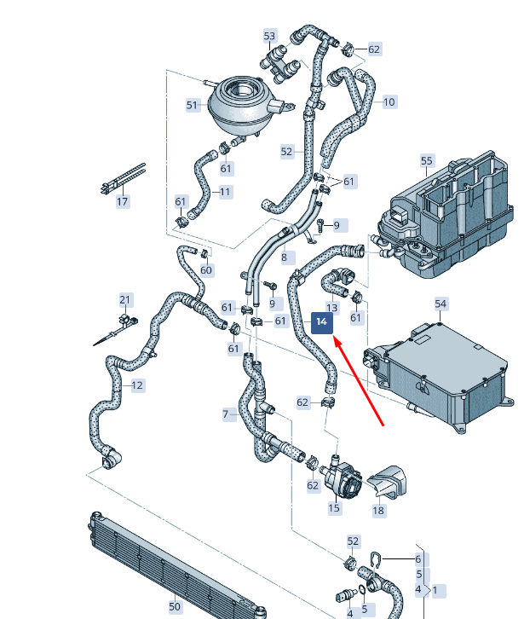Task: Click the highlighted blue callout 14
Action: pos(322,322)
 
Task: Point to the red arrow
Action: pos(359,380)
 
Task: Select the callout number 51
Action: pos(193,106)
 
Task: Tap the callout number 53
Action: pos(269,36)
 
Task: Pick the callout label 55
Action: pos(427,160)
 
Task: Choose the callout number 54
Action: pos(441,304)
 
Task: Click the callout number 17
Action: pos(123,202)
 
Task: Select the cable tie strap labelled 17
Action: pos(124,179)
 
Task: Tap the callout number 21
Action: pos(125,300)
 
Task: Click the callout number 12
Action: pos(137,385)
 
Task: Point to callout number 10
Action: pos(389,102)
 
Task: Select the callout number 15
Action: pos(334,507)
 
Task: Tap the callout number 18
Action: pos(378,511)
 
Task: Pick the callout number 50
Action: pos(175,606)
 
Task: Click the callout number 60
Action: pos(206,270)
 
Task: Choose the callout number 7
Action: pos(227,414)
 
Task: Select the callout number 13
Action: pos(332,308)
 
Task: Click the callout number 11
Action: pos(225,192)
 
